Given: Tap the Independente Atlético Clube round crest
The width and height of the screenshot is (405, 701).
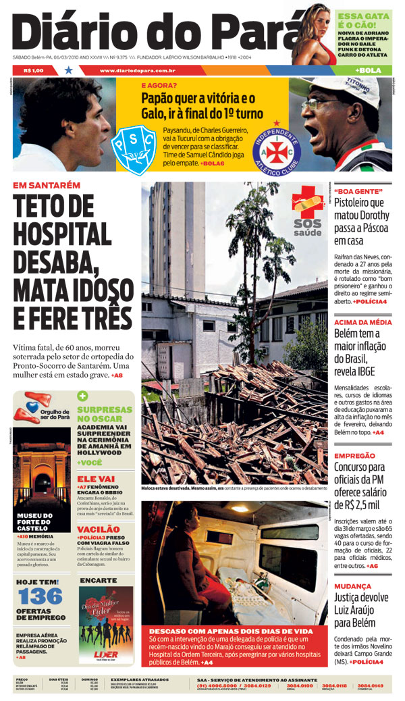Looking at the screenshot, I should [277, 149].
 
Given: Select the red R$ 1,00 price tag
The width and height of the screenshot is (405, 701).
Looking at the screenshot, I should [33, 70].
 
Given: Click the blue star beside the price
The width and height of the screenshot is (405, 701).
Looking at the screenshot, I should [68, 70].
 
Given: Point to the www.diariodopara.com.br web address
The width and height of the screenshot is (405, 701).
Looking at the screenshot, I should [138, 70].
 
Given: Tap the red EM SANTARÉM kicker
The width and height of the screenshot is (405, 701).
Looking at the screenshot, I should [47, 185].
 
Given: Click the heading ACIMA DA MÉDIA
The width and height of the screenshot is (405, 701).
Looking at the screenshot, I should [362, 322].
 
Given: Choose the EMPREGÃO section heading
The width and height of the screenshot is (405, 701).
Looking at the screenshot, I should [354, 456].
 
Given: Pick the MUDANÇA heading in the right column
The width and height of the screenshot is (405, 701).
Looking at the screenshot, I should [352, 586].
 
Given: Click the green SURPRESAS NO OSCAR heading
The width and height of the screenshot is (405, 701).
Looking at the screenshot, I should [105, 414].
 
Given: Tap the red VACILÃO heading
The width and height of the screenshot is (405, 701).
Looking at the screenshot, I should [99, 529].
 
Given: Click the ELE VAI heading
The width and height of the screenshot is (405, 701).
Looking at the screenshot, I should [96, 478].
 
